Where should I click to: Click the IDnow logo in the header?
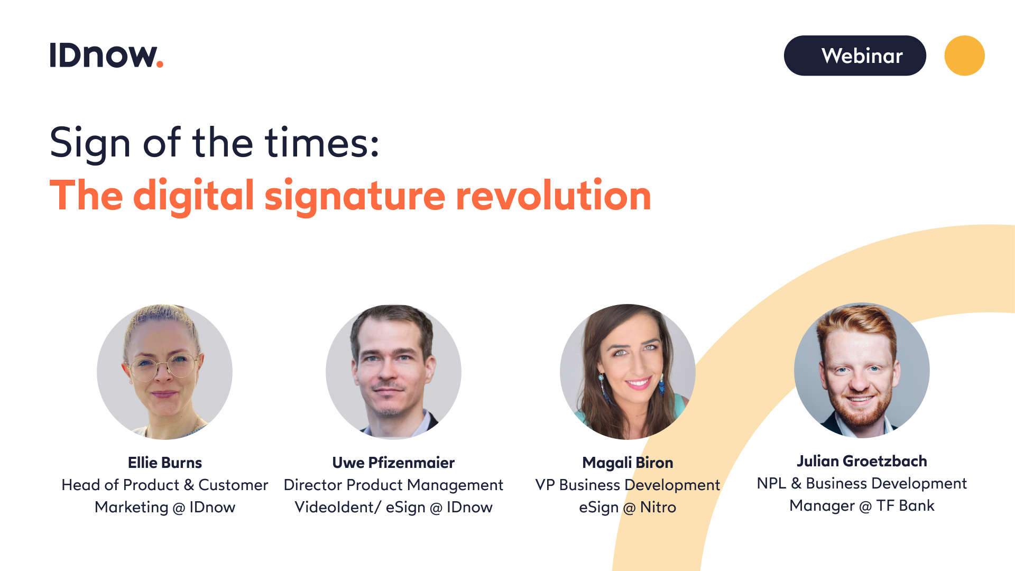click(106, 56)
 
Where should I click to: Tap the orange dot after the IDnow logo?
click(160, 65)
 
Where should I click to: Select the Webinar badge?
click(854, 56)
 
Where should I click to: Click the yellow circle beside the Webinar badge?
click(964, 56)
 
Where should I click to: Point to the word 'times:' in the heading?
click(322, 143)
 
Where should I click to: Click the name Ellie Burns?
click(165, 463)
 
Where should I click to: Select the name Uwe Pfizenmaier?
click(393, 463)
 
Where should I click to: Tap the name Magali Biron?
click(628, 463)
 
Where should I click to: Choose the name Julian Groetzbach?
click(862, 461)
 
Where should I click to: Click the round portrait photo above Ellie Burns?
click(164, 372)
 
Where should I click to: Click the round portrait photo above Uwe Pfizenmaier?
click(393, 372)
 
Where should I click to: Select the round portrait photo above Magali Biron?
click(628, 372)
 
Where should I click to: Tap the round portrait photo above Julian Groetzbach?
click(862, 370)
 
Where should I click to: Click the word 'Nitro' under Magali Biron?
click(658, 507)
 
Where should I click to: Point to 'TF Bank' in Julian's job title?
click(905, 505)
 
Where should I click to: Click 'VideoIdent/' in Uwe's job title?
click(337, 507)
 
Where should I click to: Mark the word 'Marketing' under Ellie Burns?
click(132, 507)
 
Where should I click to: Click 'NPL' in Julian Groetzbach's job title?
click(771, 483)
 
